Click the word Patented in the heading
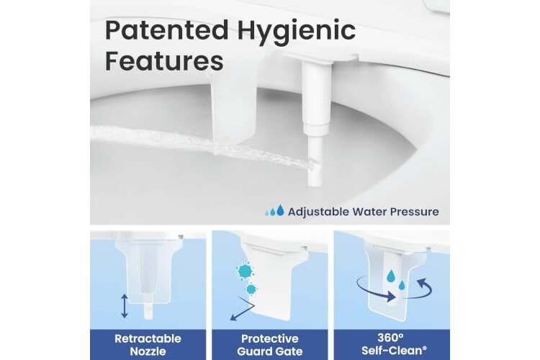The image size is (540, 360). pos(167,30)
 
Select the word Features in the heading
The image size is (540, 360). pos(164,61)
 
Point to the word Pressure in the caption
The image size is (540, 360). pos(415,212)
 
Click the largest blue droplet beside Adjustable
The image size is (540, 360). pos(280,210)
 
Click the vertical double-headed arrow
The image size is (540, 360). pos(125,306)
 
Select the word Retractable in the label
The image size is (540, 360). pos(148,338)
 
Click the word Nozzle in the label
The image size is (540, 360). pos(148,351)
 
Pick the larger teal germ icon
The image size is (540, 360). pos(246,271)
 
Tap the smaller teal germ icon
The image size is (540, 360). pos(251,289)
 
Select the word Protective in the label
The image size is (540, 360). pos(270,338)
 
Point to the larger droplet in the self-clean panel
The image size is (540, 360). pos(391,275)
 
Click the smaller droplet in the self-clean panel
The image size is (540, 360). pos(401,285)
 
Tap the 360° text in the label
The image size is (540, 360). pos(390,338)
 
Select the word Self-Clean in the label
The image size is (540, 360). pos(392,351)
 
